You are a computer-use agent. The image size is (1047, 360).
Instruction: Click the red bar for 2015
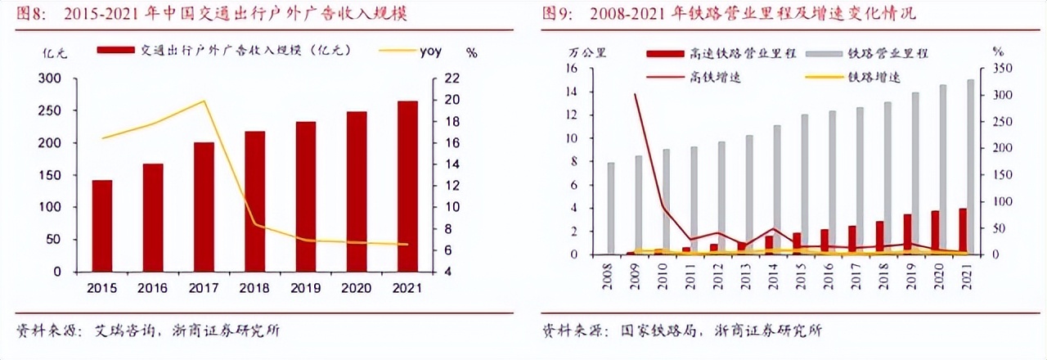click(102, 225)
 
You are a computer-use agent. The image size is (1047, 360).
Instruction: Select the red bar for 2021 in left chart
click(408, 186)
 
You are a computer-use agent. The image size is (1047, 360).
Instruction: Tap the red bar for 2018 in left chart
click(254, 200)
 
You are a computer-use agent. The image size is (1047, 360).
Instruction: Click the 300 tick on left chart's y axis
click(51, 79)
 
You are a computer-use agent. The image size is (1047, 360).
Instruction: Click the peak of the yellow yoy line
click(204, 101)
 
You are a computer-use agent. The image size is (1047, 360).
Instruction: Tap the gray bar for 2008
click(610, 208)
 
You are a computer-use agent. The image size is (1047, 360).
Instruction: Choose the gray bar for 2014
click(777, 189)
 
